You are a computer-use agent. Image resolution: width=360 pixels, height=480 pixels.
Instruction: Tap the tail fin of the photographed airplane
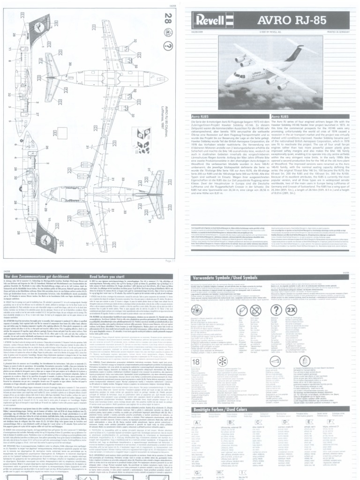coord(296,53)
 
